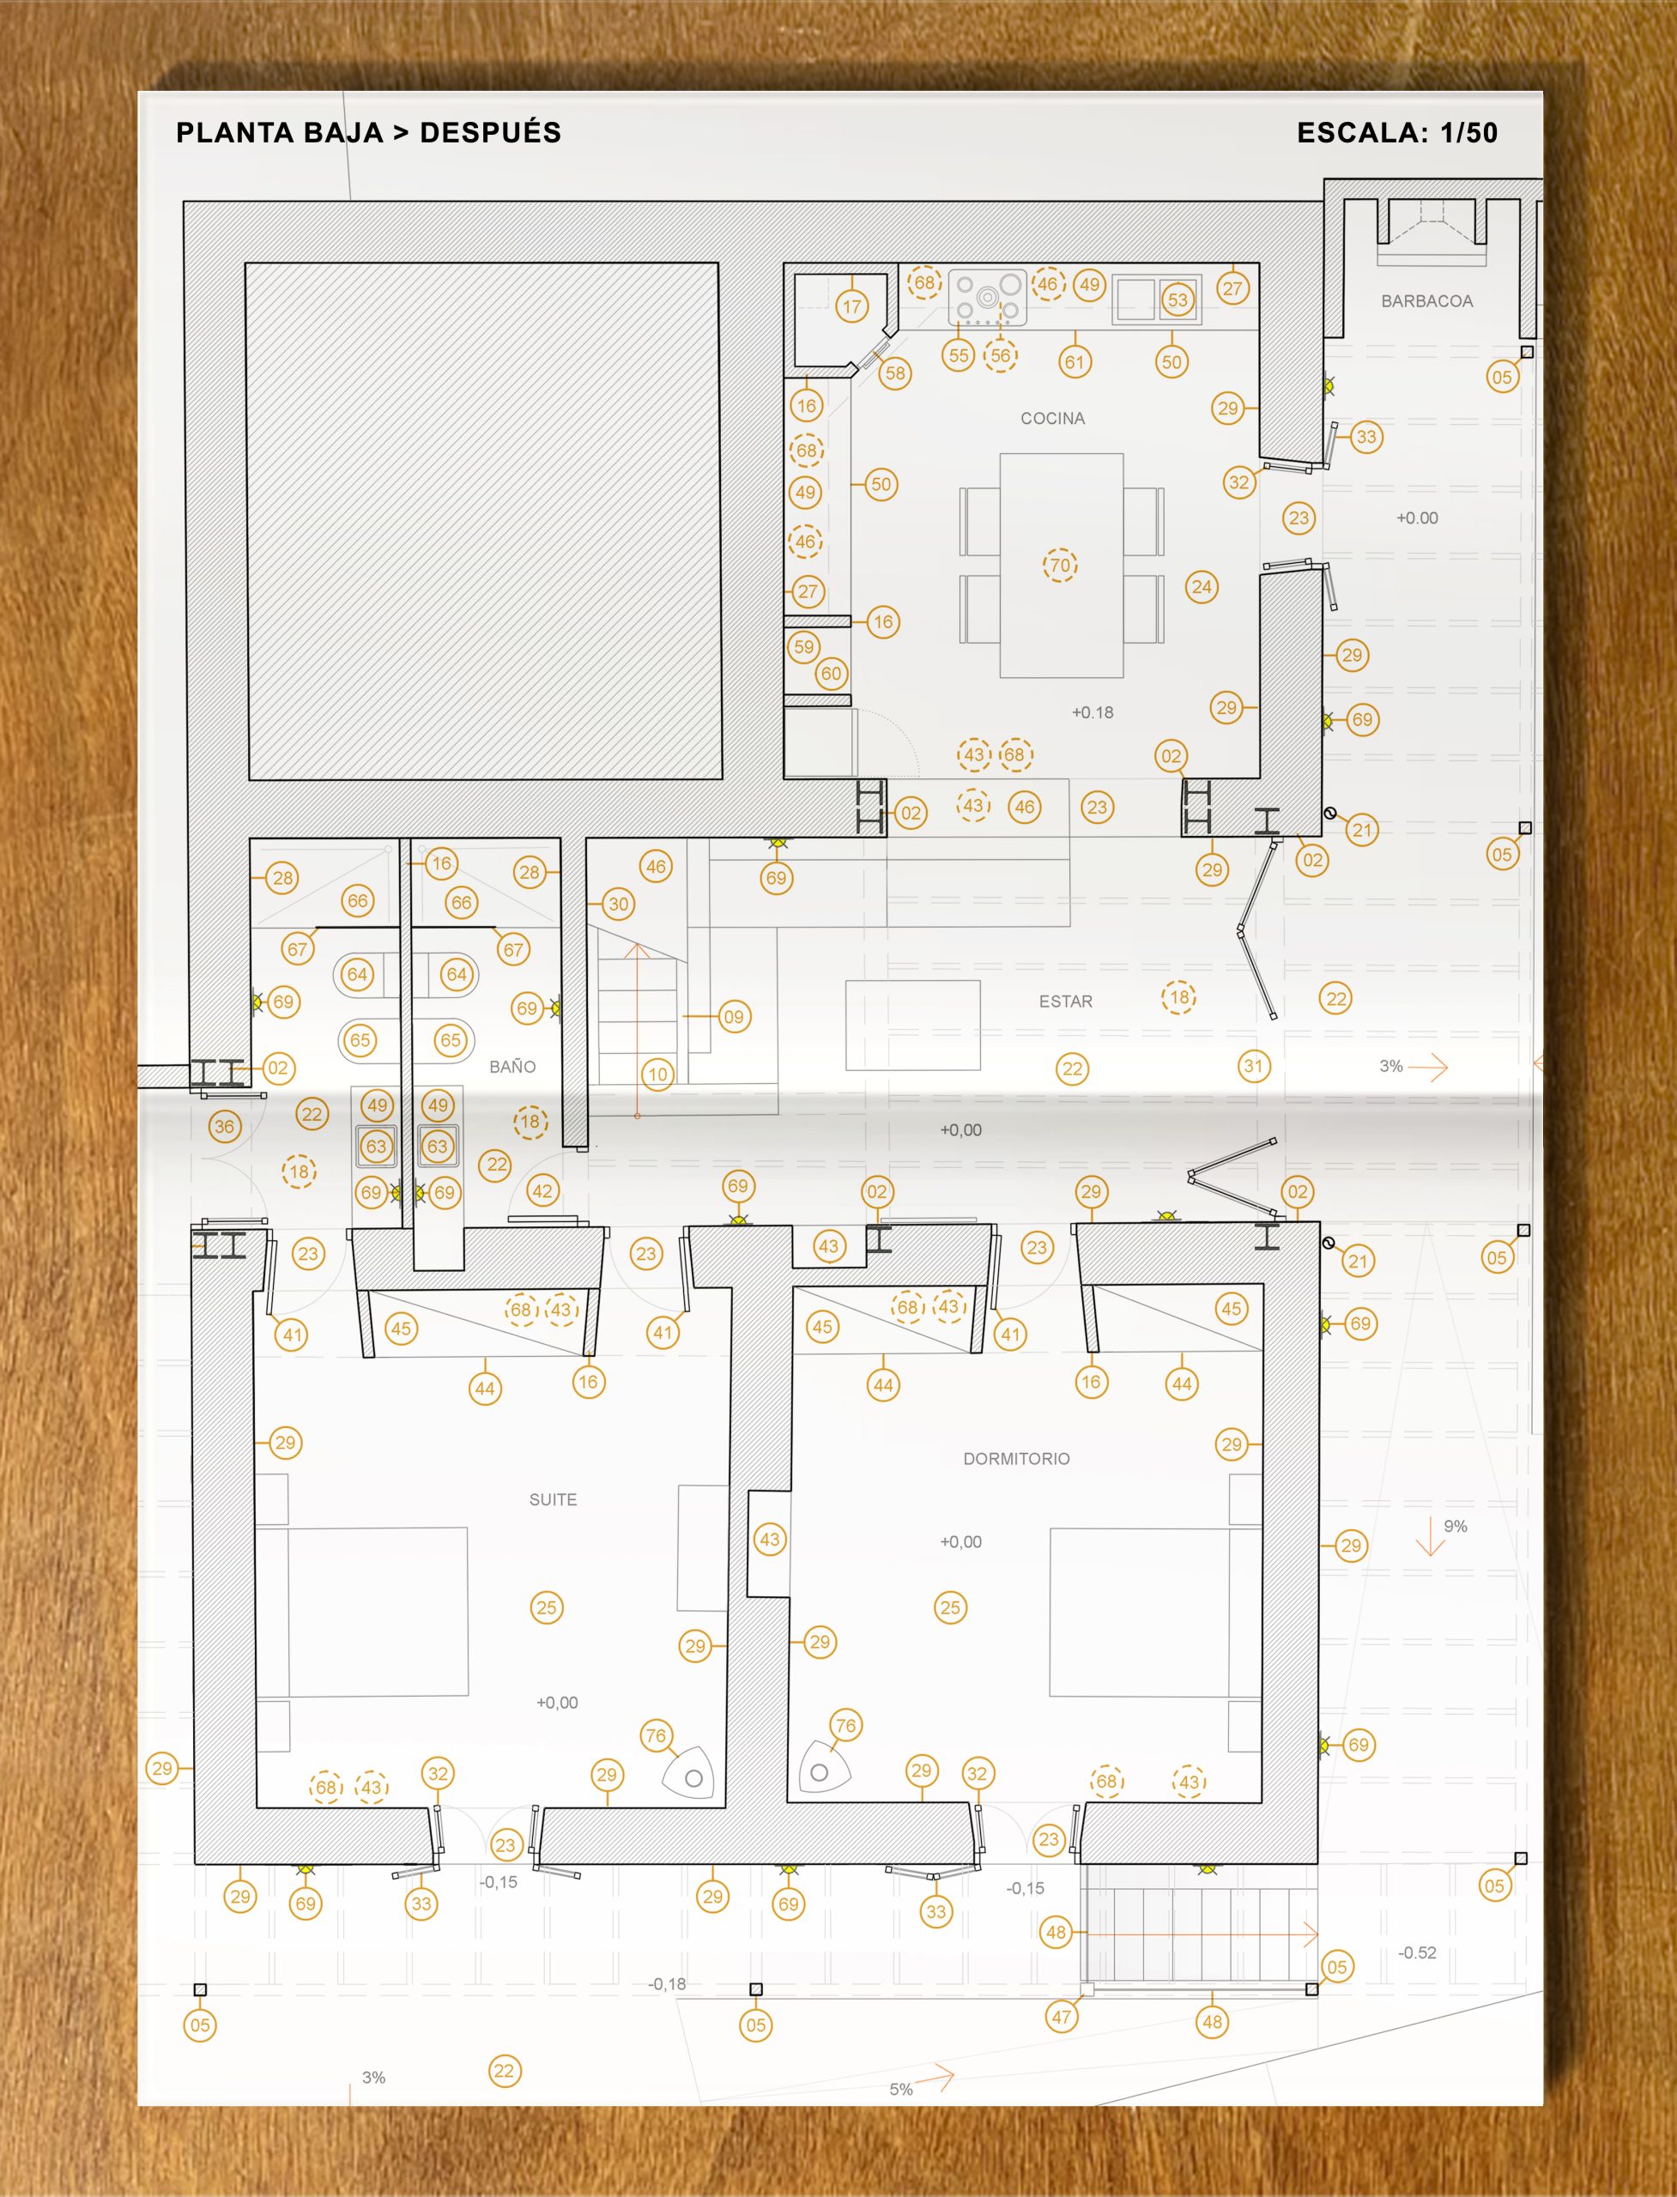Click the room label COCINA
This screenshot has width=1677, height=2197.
click(x=1052, y=418)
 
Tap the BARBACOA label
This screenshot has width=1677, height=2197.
click(x=1426, y=301)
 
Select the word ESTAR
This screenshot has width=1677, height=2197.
click(x=1065, y=1002)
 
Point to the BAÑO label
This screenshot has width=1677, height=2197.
click(x=512, y=1066)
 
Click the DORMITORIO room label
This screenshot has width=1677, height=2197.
click(x=1016, y=1458)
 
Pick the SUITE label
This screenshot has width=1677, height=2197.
click(x=553, y=1499)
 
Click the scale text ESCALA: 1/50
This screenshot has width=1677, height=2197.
click(x=1396, y=133)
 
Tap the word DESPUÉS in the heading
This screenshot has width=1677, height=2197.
click(x=490, y=132)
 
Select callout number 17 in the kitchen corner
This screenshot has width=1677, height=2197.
click(x=851, y=306)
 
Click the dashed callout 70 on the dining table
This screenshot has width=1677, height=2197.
click(x=1060, y=565)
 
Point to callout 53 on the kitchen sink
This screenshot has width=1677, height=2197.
click(x=1178, y=300)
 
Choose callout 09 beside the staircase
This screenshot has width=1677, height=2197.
click(x=734, y=1017)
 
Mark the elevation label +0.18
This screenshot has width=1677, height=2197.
click(x=1092, y=712)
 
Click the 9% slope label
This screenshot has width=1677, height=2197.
click(x=1456, y=1526)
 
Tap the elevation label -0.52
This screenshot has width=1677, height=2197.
click(x=1418, y=1952)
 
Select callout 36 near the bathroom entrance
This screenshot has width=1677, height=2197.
click(x=225, y=1127)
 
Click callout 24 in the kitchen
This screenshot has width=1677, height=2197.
click(x=1202, y=587)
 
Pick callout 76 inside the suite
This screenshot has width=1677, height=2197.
click(x=656, y=1736)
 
